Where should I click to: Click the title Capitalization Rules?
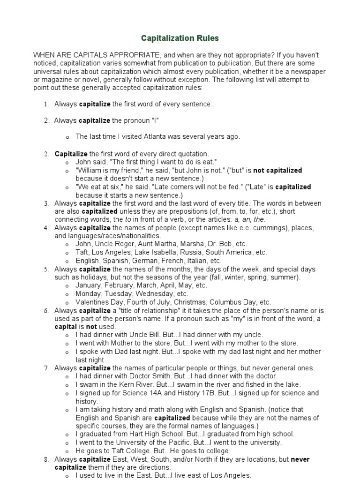[180, 38]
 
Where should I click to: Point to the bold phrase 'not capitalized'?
[277, 171]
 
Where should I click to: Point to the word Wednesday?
[155, 294]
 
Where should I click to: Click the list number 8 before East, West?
[46, 459]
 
